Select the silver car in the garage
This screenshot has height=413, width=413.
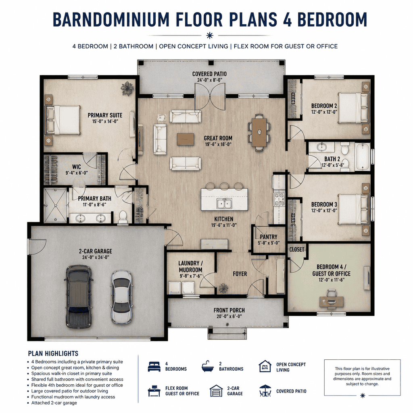121,297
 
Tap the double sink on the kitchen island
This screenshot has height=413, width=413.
224,204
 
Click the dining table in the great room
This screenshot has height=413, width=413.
259,132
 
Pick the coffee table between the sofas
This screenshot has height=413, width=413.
186,139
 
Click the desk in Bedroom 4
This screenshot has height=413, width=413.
332,302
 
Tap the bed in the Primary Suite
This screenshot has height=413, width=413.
63,120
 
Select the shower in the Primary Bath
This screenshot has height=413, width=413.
55,205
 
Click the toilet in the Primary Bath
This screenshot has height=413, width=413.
123,217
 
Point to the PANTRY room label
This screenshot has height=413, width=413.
269,237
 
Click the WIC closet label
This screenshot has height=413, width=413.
76,167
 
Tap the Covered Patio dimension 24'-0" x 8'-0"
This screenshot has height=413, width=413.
210,80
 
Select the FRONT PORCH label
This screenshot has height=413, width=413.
229,310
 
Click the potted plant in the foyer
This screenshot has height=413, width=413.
223,288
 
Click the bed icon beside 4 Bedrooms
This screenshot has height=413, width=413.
154,366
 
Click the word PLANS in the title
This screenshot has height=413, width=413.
253,19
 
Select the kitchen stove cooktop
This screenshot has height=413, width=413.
279,199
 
